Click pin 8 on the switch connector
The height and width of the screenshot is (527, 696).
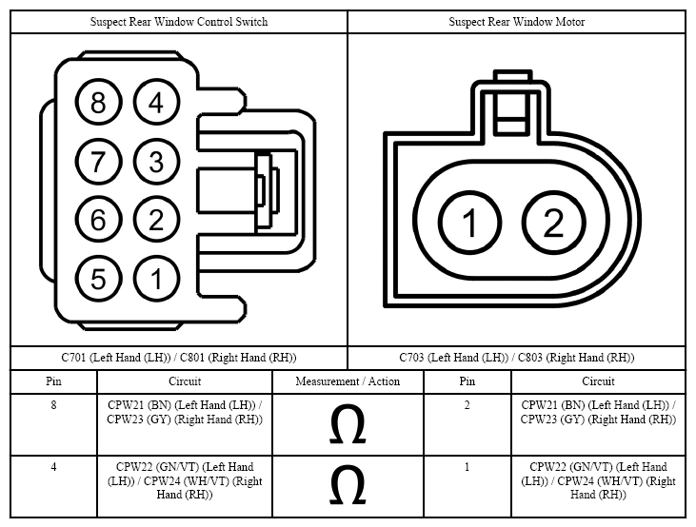tap(98, 102)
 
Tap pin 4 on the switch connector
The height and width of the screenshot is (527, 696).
tap(156, 102)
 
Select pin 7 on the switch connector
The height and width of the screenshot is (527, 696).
tap(98, 161)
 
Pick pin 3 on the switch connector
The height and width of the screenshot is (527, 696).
tap(156, 161)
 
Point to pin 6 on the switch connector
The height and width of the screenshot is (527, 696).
tap(98, 220)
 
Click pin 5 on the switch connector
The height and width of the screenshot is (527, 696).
tap(98, 279)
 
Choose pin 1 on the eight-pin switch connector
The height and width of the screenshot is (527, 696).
tap(156, 279)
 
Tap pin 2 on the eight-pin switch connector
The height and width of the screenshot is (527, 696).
tap(156, 220)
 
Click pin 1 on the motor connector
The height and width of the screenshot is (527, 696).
tap(469, 223)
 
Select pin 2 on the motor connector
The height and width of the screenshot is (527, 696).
tap(553, 223)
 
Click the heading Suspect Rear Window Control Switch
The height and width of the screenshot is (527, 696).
tap(179, 22)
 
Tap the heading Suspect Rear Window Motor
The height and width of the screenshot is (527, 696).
tap(517, 22)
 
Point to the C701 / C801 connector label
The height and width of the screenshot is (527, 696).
tap(179, 358)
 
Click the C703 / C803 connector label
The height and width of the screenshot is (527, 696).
tap(517, 358)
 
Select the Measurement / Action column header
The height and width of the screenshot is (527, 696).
tap(348, 381)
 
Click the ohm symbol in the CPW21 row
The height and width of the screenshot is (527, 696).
tap(348, 424)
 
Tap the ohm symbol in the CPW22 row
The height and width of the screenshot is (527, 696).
tap(348, 485)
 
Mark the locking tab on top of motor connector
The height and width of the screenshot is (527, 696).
tap(512, 102)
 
